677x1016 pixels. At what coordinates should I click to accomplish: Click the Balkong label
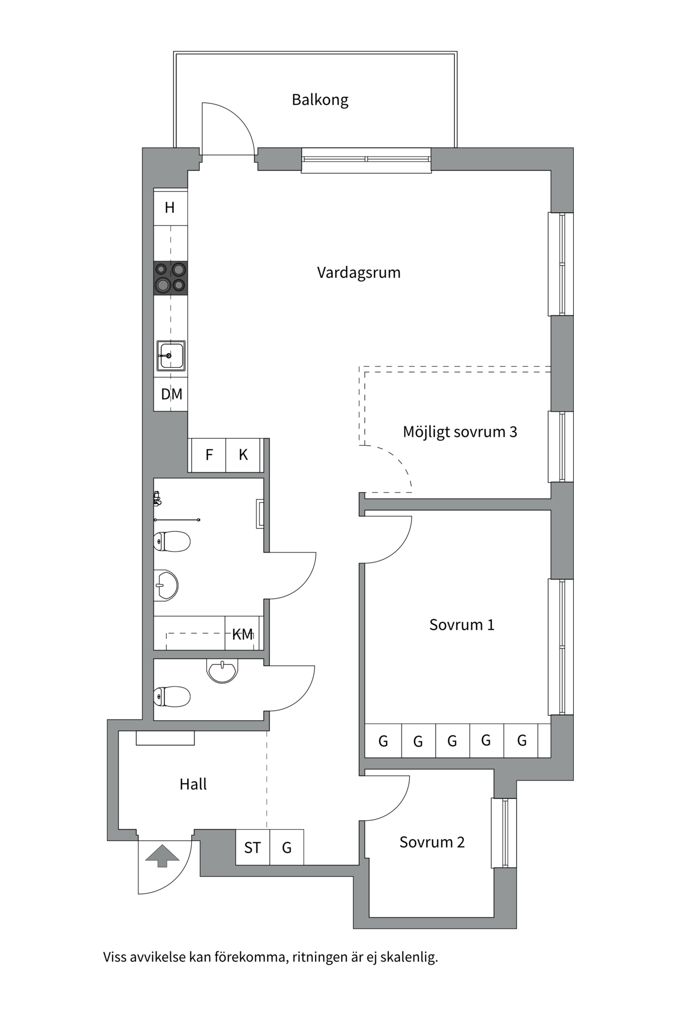tap(320, 100)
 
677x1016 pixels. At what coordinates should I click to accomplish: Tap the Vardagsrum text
tap(359, 273)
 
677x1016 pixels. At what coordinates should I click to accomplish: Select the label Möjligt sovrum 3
tap(460, 432)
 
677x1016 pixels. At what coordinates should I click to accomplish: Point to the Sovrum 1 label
tap(462, 625)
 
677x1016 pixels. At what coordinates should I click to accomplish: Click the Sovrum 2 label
tap(432, 842)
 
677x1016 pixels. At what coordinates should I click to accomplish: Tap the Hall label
tap(193, 784)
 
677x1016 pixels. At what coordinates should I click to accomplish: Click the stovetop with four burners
tap(170, 278)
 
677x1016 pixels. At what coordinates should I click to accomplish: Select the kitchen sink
tap(171, 356)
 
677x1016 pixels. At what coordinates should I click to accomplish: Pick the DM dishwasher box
tap(171, 394)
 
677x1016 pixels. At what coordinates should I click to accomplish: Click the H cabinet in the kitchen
tap(170, 207)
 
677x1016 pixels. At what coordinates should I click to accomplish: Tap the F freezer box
tap(209, 455)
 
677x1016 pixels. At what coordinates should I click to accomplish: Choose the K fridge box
tap(243, 455)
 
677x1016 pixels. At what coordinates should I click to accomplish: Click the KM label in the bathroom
tap(243, 634)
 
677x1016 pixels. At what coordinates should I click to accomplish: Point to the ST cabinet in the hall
tap(252, 848)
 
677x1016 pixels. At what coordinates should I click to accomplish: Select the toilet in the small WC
tap(172, 696)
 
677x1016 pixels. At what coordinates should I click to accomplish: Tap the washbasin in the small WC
tap(223, 671)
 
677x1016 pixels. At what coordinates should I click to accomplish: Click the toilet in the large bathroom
tap(172, 541)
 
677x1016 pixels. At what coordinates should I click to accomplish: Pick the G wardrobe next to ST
tap(287, 848)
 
